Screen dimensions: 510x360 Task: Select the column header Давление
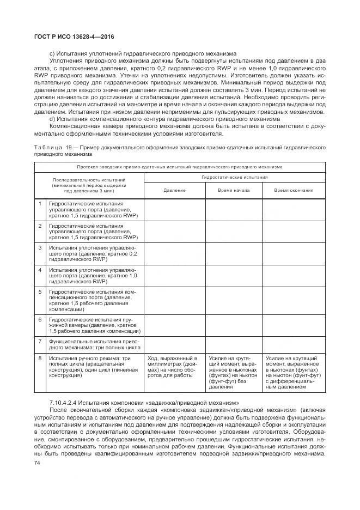(174, 190)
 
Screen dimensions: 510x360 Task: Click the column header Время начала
(234, 190)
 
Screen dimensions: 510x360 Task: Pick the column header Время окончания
(294, 190)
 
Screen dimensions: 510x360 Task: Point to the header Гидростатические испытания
(234, 178)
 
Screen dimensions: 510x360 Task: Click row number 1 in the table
(40, 204)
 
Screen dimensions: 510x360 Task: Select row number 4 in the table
(40, 270)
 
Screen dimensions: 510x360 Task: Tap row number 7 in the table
(40, 341)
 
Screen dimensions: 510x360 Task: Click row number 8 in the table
(40, 358)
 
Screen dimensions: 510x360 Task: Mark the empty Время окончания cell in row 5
(294, 301)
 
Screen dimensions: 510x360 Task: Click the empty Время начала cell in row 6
(234, 325)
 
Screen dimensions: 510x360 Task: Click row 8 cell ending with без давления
(234, 372)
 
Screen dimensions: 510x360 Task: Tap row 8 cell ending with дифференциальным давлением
(294, 372)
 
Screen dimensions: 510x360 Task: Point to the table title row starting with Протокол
(180, 167)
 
